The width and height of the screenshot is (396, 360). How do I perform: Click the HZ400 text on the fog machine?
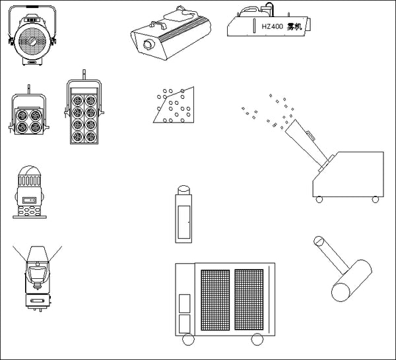(x=272, y=26)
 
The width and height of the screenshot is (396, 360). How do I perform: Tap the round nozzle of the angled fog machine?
(x=148, y=45)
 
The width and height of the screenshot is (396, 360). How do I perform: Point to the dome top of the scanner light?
(x=30, y=171)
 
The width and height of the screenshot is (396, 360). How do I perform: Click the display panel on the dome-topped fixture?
(x=29, y=200)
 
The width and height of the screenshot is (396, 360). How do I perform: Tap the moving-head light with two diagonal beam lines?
(x=38, y=278)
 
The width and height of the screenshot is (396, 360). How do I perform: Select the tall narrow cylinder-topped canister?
(x=183, y=214)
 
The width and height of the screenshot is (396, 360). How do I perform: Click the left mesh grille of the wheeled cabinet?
(x=215, y=300)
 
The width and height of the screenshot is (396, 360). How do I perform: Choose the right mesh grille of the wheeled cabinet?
(x=249, y=300)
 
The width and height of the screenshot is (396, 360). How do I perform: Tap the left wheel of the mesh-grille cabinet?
(x=188, y=340)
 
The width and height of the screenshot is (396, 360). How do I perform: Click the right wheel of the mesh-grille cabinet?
(x=257, y=340)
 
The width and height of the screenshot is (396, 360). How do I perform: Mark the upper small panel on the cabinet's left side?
(x=185, y=303)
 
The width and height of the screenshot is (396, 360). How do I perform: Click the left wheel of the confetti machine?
(x=319, y=200)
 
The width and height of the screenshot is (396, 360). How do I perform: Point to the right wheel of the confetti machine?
(x=376, y=200)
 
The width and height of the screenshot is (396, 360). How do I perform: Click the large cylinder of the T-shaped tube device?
(x=352, y=280)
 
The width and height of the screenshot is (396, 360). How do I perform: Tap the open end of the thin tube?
(x=319, y=241)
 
